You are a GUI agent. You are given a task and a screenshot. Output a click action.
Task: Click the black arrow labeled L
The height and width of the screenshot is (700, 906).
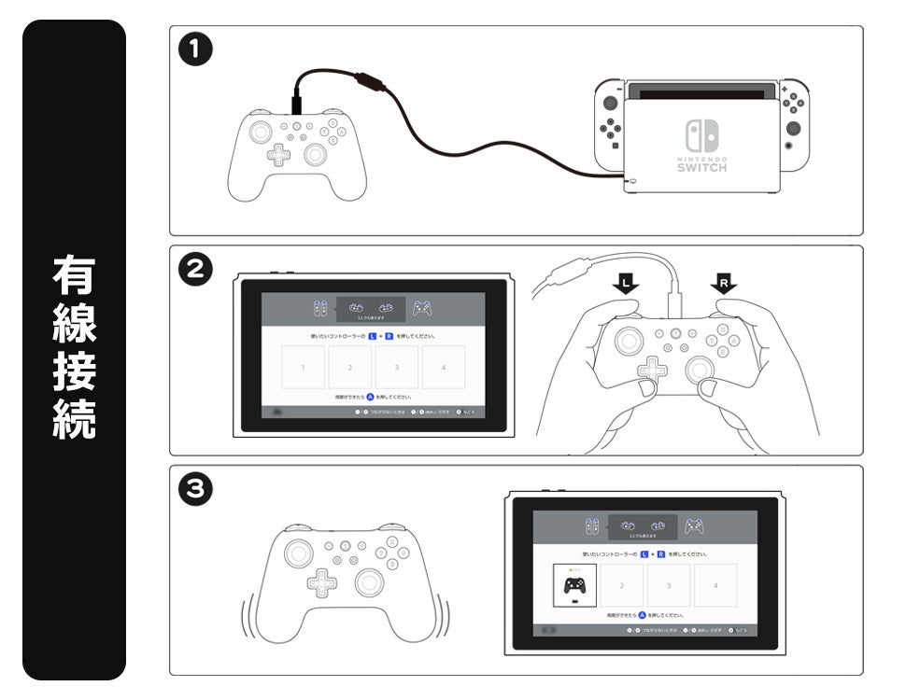click(626, 282)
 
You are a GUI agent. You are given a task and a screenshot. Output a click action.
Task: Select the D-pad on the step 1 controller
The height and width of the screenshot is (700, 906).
click(278, 154)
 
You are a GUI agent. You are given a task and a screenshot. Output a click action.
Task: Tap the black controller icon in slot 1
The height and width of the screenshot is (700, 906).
click(574, 585)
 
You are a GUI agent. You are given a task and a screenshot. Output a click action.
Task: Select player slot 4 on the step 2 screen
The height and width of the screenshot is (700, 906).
click(444, 368)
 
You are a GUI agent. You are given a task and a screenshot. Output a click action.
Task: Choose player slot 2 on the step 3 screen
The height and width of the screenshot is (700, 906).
click(621, 585)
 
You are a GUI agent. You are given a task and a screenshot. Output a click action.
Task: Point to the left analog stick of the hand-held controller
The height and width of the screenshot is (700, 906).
click(630, 337)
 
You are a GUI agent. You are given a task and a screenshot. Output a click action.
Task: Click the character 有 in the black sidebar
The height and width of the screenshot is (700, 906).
click(74, 276)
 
